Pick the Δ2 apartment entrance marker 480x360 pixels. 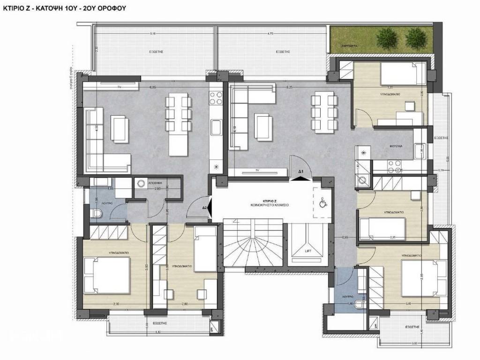tap(205, 207)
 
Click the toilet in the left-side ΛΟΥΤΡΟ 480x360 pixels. tap(97, 214)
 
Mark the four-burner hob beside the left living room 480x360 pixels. tap(216, 98)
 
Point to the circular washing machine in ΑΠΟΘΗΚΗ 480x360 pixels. tap(140, 184)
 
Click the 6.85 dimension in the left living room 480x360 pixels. tap(153, 87)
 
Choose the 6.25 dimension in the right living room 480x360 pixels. tap(289, 87)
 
